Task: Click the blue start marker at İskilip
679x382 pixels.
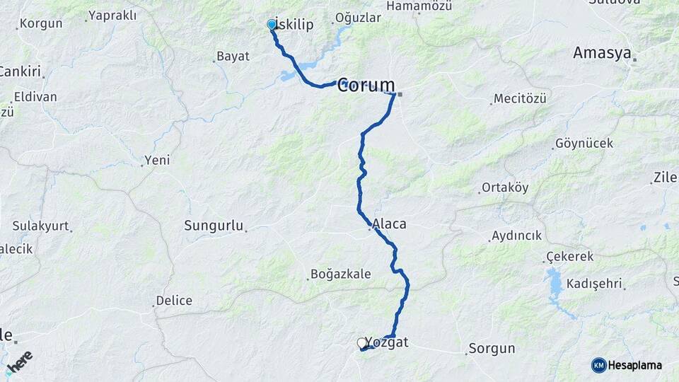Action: (272, 25)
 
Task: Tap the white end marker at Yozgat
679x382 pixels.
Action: (362, 343)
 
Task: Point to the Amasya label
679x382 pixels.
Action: (601, 53)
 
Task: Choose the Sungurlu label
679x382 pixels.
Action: (213, 226)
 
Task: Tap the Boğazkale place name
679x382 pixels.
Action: (340, 274)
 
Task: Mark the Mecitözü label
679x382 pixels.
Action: (521, 99)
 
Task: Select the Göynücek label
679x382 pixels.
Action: (585, 144)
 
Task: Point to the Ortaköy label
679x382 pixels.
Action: (505, 188)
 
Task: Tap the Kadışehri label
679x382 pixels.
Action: (598, 284)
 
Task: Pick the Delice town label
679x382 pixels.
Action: (174, 301)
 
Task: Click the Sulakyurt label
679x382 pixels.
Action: (40, 226)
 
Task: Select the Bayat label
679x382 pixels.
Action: (233, 57)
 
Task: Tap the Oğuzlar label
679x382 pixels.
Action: (358, 18)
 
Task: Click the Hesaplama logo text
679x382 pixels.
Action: (636, 366)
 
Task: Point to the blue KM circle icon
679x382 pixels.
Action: (599, 366)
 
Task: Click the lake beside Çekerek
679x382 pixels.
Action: (555, 286)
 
